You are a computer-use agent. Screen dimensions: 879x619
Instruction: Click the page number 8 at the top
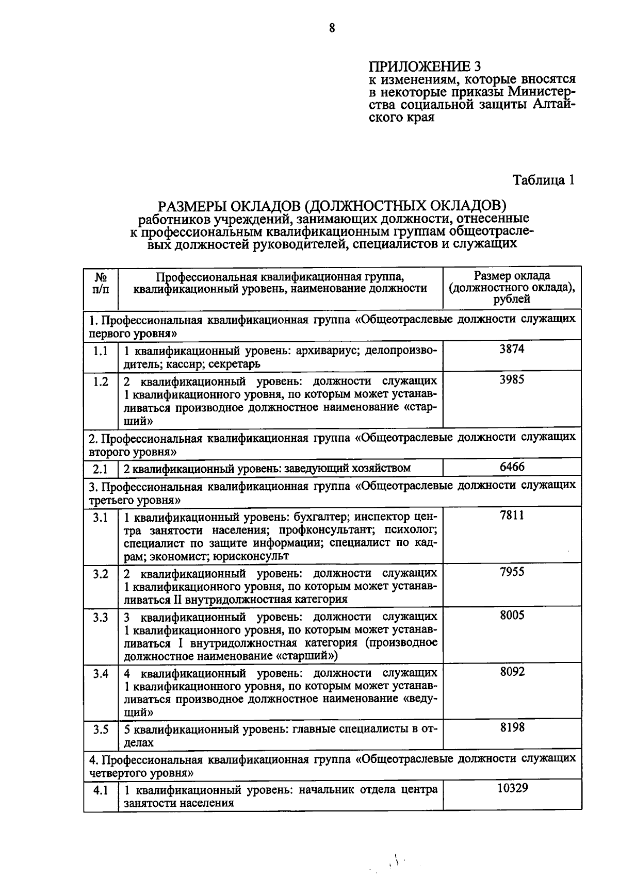coord(332,28)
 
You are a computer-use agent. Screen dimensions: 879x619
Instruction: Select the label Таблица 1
coord(543,180)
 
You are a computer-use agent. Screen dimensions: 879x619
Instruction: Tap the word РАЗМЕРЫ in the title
coord(192,206)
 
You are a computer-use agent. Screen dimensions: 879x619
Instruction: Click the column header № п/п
coord(101,283)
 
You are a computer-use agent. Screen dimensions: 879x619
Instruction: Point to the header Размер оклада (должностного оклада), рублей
coord(512,287)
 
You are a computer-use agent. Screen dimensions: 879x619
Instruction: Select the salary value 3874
coord(512,349)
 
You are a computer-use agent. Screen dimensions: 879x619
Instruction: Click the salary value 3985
coord(512,380)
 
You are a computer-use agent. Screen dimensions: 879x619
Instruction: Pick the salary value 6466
coord(512,467)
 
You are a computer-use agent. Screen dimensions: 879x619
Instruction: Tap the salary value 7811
coord(512,515)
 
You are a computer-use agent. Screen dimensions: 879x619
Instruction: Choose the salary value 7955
coord(512,571)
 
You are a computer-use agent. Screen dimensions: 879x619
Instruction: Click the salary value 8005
coord(512,615)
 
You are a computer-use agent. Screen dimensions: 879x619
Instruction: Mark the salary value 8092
coord(512,671)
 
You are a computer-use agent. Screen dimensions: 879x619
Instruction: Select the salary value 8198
coord(512,727)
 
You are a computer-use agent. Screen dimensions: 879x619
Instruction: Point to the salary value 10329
coord(512,788)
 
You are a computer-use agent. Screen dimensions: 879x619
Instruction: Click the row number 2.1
coord(101,468)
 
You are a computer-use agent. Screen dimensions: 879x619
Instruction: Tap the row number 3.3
coord(101,617)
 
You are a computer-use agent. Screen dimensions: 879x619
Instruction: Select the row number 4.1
coord(101,790)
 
